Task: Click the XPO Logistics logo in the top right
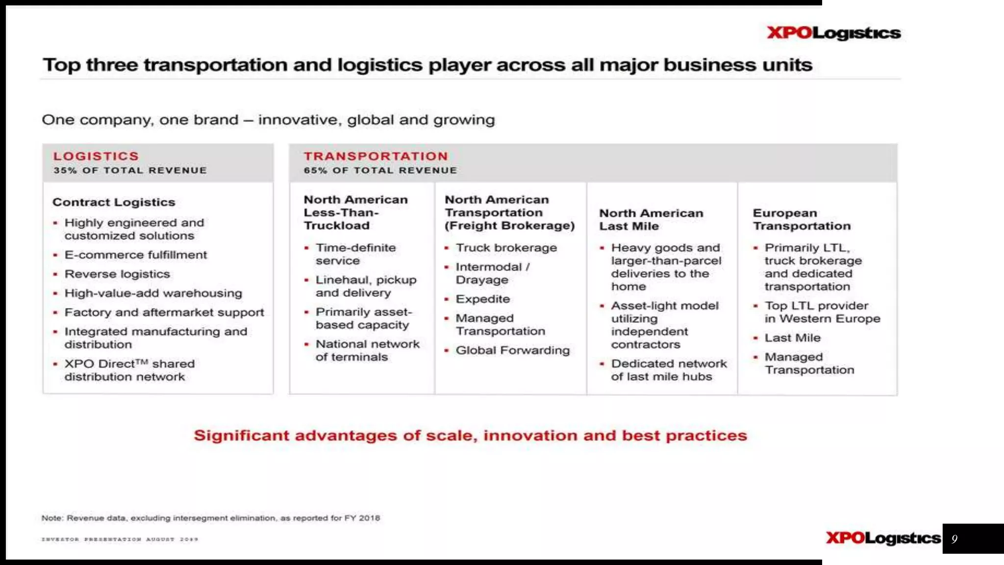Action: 834,33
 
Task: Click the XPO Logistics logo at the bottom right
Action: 883,538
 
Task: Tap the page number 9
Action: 954,539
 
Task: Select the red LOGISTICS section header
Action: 96,156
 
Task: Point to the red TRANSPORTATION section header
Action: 376,156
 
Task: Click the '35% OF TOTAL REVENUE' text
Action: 130,170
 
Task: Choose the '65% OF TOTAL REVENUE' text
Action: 380,170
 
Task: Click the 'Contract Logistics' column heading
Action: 114,202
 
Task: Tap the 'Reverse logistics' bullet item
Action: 117,274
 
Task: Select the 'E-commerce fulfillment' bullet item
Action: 136,255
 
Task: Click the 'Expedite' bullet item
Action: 483,299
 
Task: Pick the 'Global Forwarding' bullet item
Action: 513,350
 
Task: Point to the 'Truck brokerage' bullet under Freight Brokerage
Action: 506,248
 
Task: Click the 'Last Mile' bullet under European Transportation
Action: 792,338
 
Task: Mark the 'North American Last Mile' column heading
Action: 651,219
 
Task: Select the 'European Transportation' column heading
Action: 802,219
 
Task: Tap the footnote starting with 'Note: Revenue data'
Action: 211,518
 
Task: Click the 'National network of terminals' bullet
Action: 367,350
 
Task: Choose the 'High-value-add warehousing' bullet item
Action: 153,293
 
